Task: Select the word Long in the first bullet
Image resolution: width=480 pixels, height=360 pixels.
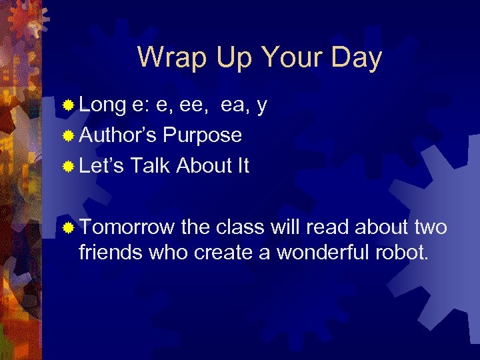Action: coord(103,105)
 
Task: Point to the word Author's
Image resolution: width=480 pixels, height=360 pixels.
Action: coord(118,135)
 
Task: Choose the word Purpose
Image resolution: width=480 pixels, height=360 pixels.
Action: coord(203,136)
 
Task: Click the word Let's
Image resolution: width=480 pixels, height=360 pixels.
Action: coord(101,165)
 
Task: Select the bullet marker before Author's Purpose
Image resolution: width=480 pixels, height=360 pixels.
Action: coord(68,136)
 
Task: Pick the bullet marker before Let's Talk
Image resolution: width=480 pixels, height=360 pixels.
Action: coord(68,166)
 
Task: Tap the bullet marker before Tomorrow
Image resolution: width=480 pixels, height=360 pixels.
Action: coord(68,228)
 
